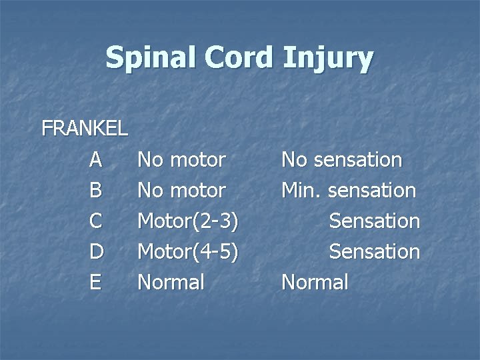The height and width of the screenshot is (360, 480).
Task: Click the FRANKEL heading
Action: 85,129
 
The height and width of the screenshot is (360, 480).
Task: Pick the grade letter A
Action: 96,160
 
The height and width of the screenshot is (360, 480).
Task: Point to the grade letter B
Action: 96,191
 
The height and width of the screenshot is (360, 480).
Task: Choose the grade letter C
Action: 96,221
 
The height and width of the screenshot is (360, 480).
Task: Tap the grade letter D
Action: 96,252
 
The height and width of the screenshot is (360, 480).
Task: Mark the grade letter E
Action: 96,283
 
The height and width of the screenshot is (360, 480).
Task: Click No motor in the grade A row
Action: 181,160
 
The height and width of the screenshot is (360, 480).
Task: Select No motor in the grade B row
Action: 181,191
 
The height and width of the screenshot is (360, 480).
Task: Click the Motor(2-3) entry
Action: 188,221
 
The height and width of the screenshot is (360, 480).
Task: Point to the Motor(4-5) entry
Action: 188,252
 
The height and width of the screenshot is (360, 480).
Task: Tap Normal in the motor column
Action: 171,283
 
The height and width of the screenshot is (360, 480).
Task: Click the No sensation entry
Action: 341,160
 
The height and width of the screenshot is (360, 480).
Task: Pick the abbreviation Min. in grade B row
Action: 298,191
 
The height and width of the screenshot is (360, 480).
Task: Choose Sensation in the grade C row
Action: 375,221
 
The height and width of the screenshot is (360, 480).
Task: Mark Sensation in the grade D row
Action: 375,252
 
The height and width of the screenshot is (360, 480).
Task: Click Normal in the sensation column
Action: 315,283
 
